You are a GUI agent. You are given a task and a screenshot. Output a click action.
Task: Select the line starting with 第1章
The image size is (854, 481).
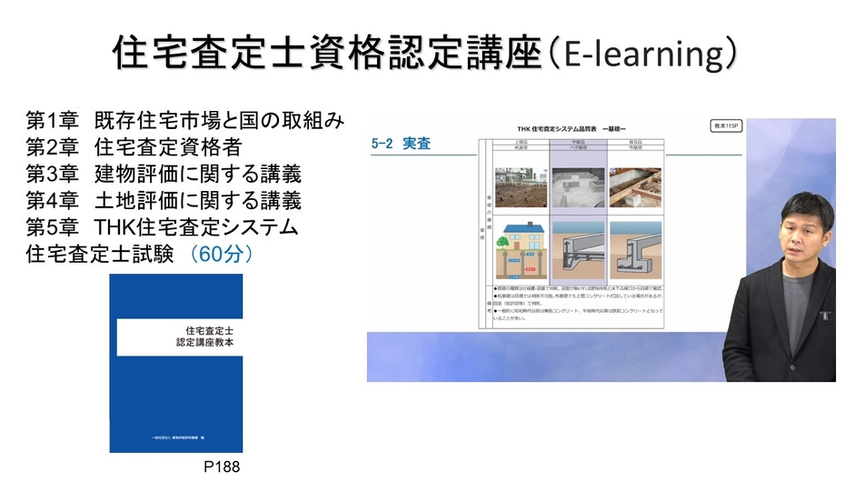[185, 121]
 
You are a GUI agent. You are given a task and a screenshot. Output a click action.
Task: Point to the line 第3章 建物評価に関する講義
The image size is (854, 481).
[163, 174]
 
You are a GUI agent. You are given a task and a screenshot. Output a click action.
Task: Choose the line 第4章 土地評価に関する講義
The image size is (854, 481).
[163, 200]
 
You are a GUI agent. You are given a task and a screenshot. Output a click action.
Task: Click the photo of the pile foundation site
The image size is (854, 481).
[521, 185]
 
